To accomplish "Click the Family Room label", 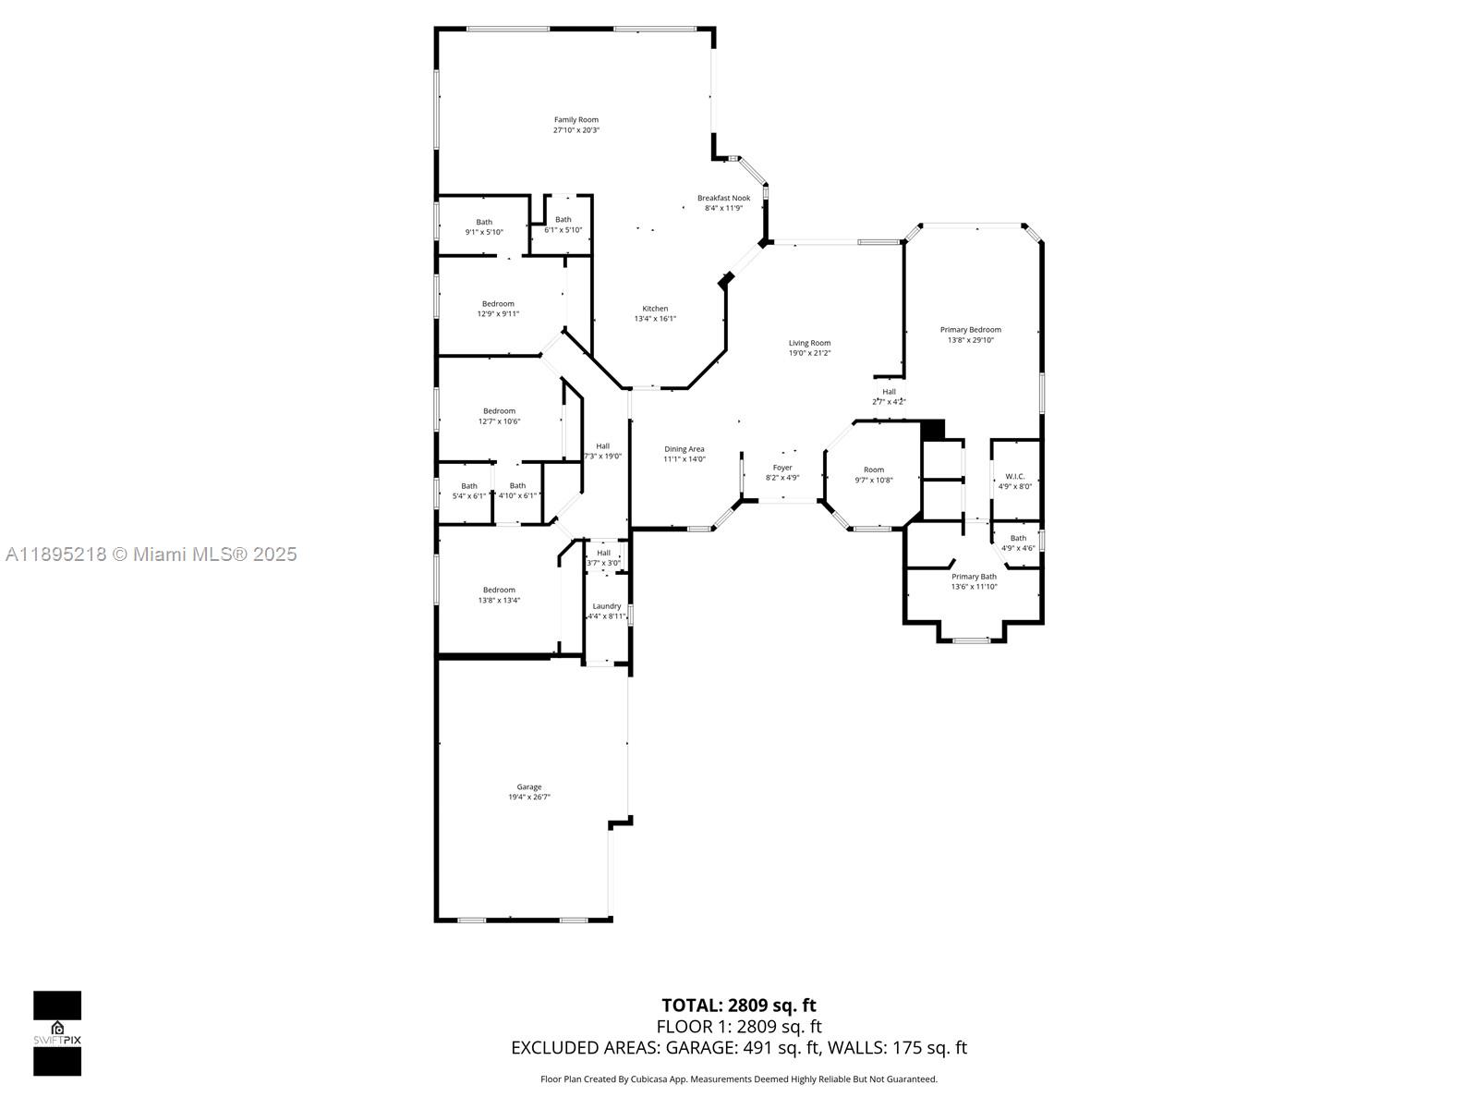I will click(x=575, y=120).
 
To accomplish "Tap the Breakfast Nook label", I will click(x=723, y=198).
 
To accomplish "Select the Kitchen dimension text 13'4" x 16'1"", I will click(x=655, y=319).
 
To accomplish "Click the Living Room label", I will click(x=809, y=343).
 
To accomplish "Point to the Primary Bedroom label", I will click(x=970, y=330).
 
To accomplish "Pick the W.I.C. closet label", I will click(x=1014, y=477).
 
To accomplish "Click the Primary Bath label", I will click(x=974, y=577).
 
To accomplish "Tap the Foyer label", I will click(x=781, y=468).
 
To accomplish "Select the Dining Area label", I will click(x=684, y=449).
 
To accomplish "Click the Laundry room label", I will click(x=606, y=606).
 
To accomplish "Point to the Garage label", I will click(x=528, y=787).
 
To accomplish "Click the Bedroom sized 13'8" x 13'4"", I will click(x=499, y=595).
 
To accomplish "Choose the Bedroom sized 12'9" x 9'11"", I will click(x=498, y=309).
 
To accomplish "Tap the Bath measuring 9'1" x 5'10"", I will click(x=484, y=226).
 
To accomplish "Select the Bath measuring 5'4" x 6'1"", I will click(x=469, y=491).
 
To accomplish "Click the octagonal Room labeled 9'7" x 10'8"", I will click(x=873, y=474).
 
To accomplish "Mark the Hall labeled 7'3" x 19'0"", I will click(x=602, y=451).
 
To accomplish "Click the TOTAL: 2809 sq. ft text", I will click(x=738, y=1005).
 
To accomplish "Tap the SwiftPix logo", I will click(x=57, y=1033).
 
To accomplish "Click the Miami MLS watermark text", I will click(x=151, y=554).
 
